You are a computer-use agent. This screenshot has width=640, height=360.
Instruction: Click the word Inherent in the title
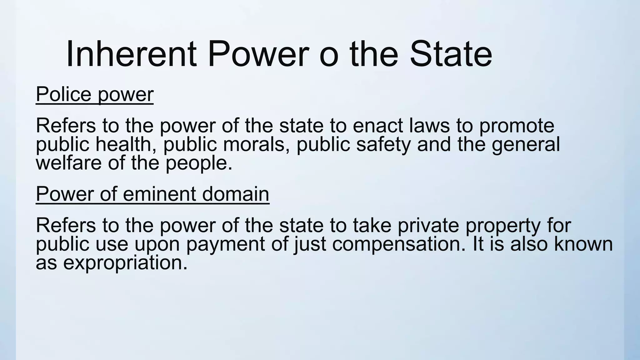[131, 54]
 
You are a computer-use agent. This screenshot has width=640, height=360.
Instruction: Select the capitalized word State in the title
[451, 54]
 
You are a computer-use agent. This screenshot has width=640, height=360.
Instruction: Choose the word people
[199, 163]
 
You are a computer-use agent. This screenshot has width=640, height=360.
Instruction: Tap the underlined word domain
[236, 194]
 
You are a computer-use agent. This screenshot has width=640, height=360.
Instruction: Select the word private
[428, 226]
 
